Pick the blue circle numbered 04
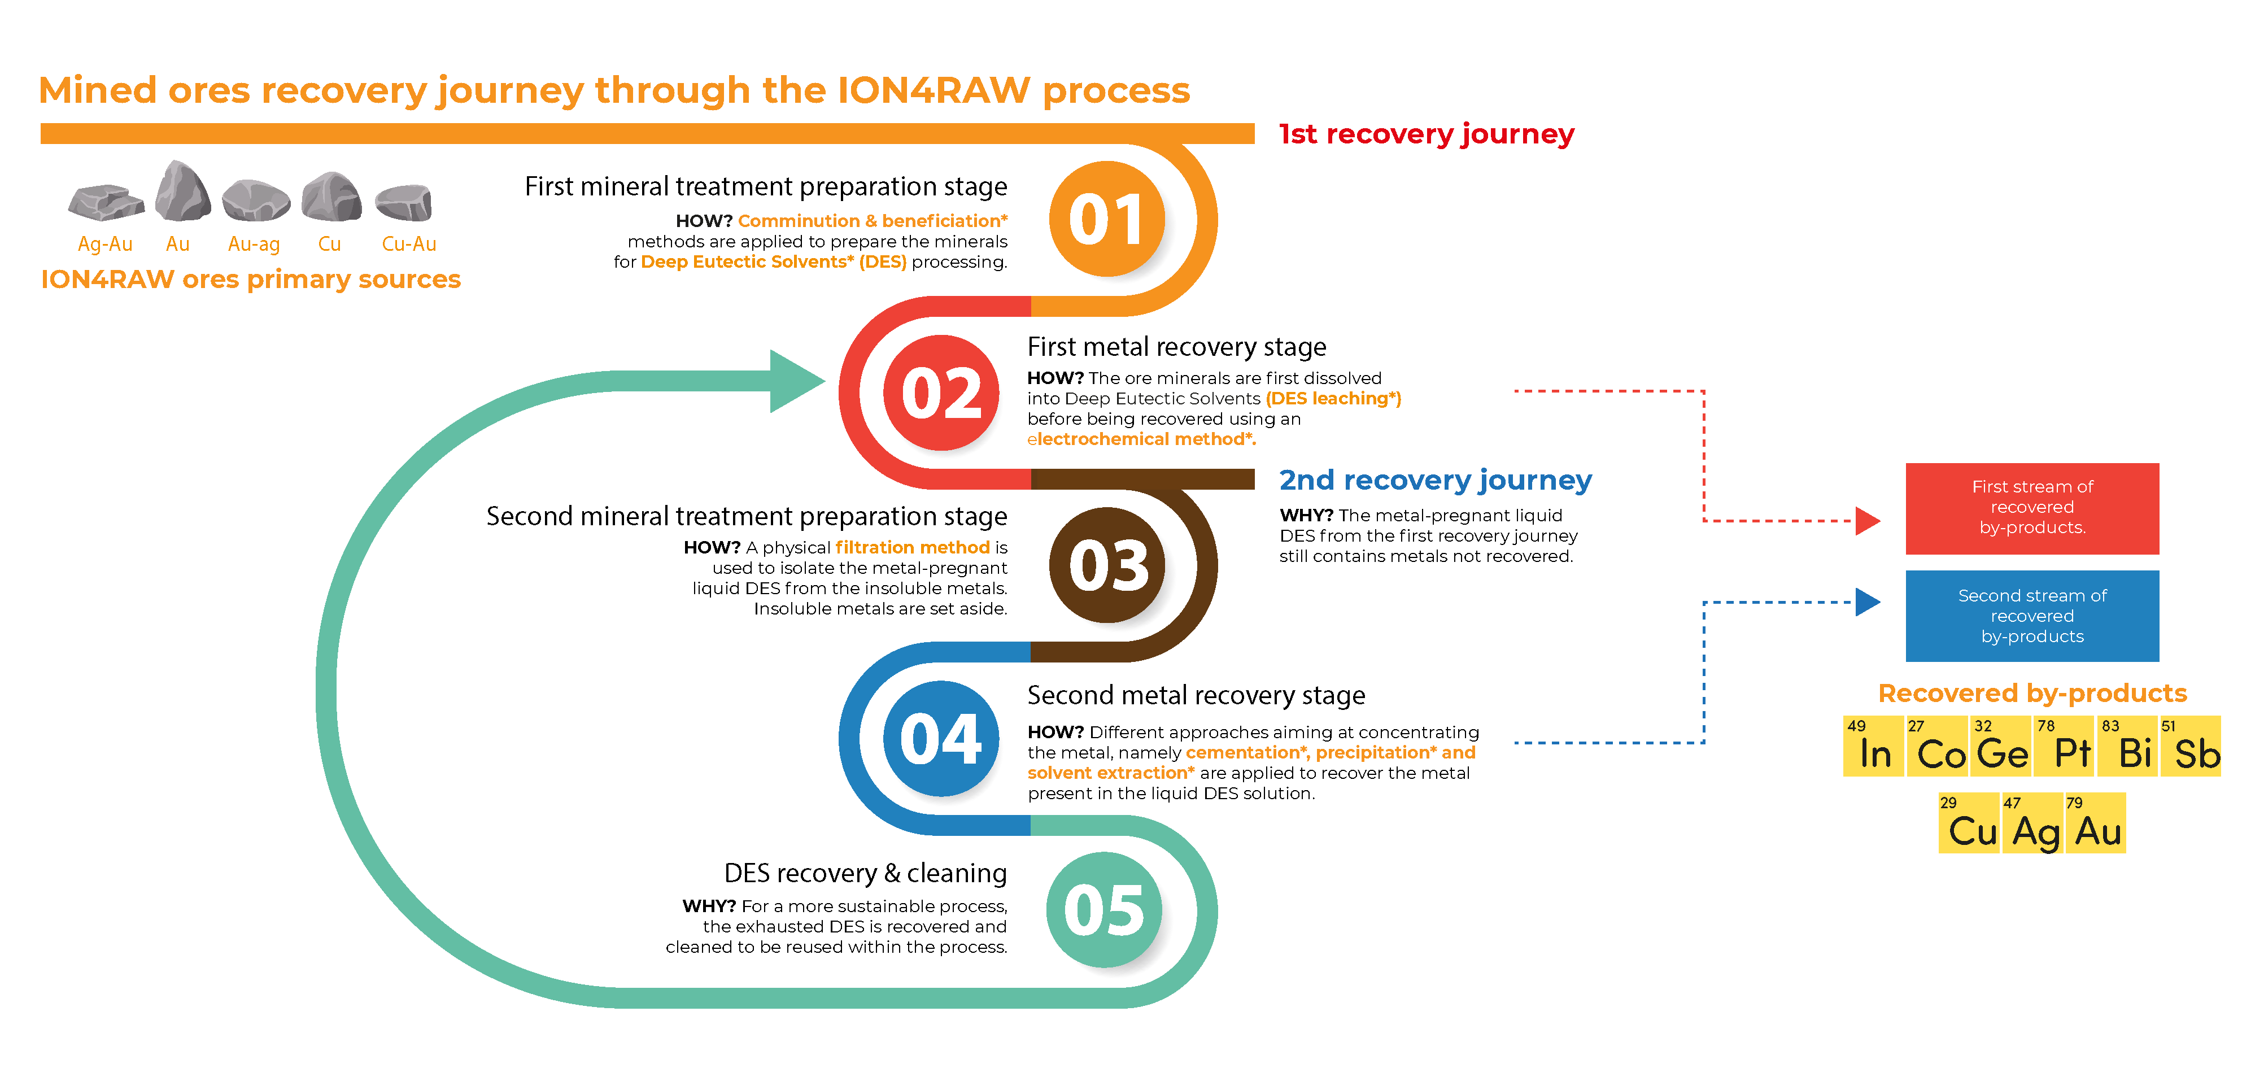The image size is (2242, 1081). click(941, 739)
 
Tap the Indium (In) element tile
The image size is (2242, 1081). click(1874, 746)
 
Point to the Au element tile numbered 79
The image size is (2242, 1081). click(2095, 823)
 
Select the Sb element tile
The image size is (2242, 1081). click(2192, 746)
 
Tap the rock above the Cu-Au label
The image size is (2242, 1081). click(404, 202)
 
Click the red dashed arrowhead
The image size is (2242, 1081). click(1867, 521)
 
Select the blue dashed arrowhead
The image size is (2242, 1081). click(1867, 601)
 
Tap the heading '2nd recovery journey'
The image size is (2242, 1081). click(1435, 480)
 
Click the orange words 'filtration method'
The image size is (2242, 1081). click(912, 547)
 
